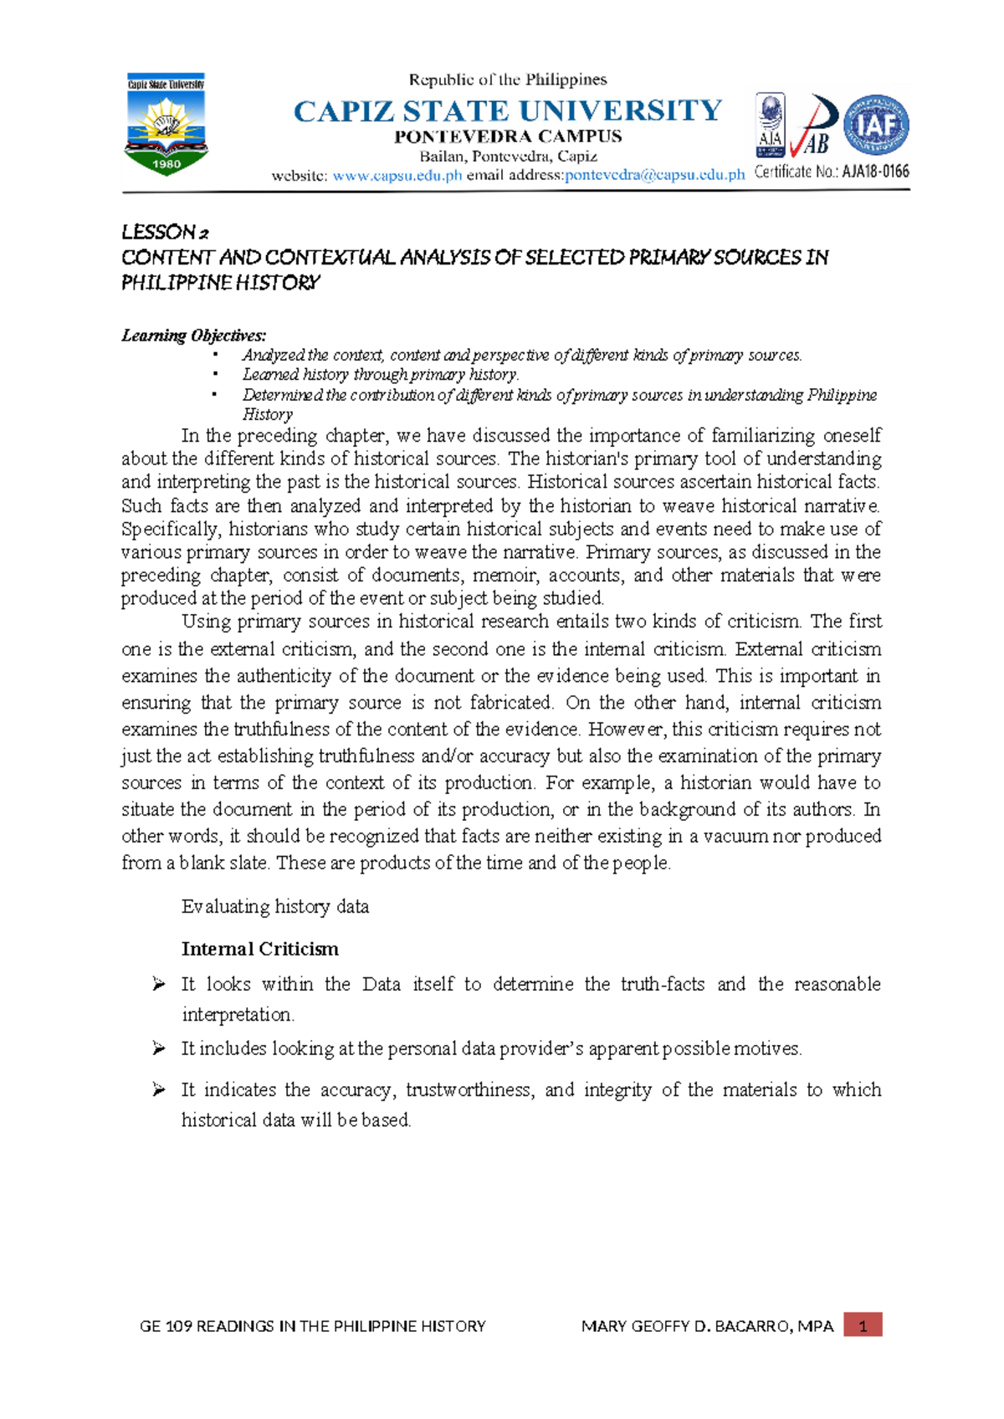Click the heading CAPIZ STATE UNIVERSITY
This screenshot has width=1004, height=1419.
[508, 110]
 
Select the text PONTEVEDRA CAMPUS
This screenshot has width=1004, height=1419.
[508, 136]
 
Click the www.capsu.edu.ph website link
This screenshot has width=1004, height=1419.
[397, 175]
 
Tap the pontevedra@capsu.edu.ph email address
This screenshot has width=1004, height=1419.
[654, 175]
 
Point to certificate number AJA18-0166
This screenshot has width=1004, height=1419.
[875, 172]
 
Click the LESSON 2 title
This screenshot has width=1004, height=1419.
[166, 232]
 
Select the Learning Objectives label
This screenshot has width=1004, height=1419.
[194, 336]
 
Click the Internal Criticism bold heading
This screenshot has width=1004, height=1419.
[260, 949]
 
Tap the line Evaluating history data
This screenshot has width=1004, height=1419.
[275, 907]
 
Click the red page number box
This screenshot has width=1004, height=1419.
[863, 1325]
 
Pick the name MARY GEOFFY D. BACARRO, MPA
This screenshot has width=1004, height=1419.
[707, 1326]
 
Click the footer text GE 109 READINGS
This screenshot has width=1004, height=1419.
[312, 1326]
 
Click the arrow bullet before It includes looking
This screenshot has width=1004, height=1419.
[159, 1048]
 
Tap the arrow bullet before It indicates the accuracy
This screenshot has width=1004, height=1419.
[159, 1089]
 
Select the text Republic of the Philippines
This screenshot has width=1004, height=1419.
[508, 79]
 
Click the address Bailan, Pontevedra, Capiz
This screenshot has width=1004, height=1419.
[508, 156]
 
